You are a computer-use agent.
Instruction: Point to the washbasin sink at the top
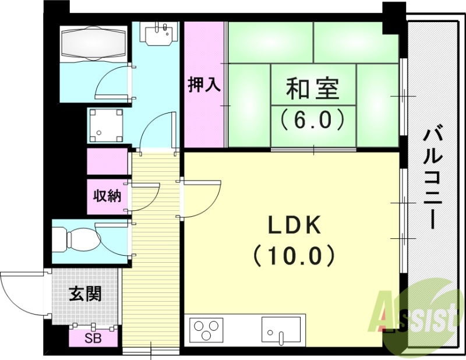(160, 34)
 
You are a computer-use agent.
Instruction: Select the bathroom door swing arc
(112, 82)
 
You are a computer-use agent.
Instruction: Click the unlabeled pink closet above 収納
(107, 161)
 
